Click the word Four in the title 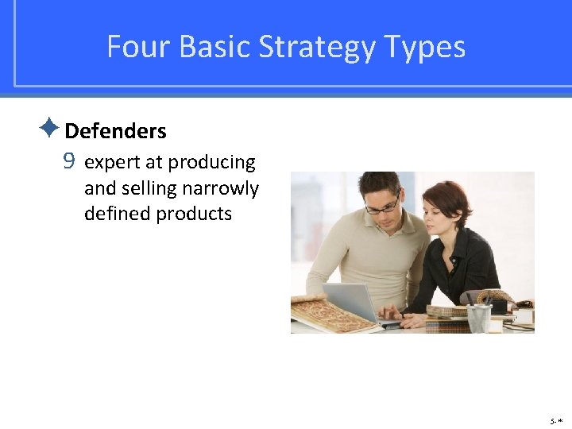[139, 47]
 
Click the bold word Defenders [115, 131]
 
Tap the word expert [110, 163]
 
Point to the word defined [115, 214]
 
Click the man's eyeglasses [383, 205]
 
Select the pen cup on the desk [479, 317]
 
